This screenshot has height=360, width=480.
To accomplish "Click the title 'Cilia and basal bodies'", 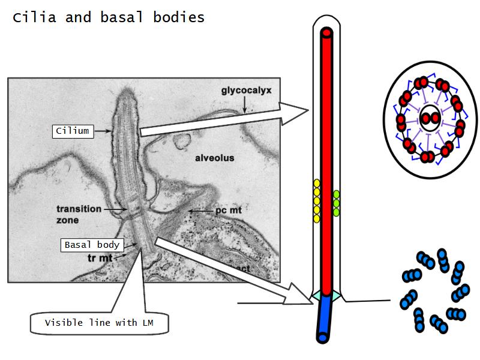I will click(x=109, y=17).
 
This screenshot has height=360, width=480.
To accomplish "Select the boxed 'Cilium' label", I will click(x=73, y=131).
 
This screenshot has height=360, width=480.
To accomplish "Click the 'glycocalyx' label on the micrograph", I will click(x=246, y=91).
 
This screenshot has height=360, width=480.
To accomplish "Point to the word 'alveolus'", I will click(x=214, y=158).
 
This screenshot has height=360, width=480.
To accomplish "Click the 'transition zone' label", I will click(x=79, y=214).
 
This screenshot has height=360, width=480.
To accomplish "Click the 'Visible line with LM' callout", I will click(x=100, y=323).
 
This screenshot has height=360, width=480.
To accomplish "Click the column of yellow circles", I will click(x=316, y=201).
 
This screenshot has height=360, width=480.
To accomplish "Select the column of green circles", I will click(x=337, y=203).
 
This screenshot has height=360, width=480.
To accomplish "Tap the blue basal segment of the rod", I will click(x=325, y=318).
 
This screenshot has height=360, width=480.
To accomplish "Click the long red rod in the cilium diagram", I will click(x=326, y=162).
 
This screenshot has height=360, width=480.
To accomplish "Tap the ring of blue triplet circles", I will click(x=434, y=290).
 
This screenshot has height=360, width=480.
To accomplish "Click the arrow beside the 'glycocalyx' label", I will click(x=244, y=106).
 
